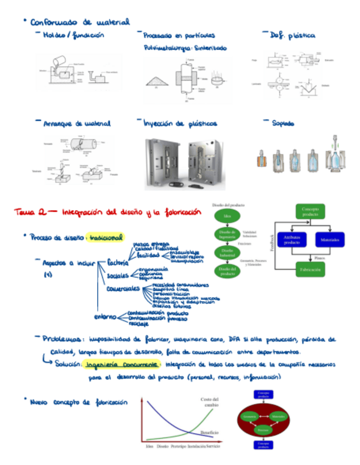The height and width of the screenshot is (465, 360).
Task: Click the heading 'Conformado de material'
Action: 80,22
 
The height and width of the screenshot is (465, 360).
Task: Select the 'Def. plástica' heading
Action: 293,35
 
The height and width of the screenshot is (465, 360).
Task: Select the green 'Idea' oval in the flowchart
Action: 227,216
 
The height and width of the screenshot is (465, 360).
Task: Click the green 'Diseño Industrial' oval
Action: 227,253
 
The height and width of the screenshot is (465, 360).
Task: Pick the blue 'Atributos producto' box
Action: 292,240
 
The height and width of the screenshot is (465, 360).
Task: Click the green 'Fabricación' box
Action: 310,270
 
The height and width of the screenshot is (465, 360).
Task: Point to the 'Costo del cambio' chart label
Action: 209,402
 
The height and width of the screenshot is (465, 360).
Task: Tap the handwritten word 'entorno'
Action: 105,316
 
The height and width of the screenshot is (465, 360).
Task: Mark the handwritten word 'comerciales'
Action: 123,288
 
